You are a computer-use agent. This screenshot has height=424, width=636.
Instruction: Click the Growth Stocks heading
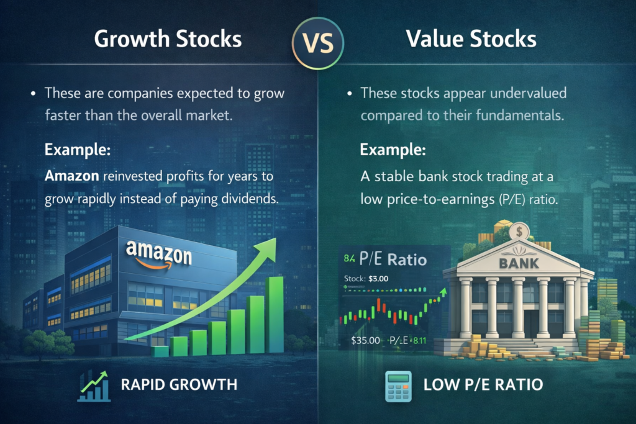(168, 39)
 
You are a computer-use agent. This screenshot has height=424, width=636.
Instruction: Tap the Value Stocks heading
(471, 39)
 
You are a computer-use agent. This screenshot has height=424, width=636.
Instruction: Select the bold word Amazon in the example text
(71, 176)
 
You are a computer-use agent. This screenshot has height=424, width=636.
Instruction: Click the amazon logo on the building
(159, 252)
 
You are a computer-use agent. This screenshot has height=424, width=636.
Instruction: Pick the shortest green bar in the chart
(161, 351)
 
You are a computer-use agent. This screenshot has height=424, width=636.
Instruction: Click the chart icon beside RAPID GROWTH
(94, 384)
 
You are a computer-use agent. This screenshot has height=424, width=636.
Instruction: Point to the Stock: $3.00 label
(366, 278)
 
